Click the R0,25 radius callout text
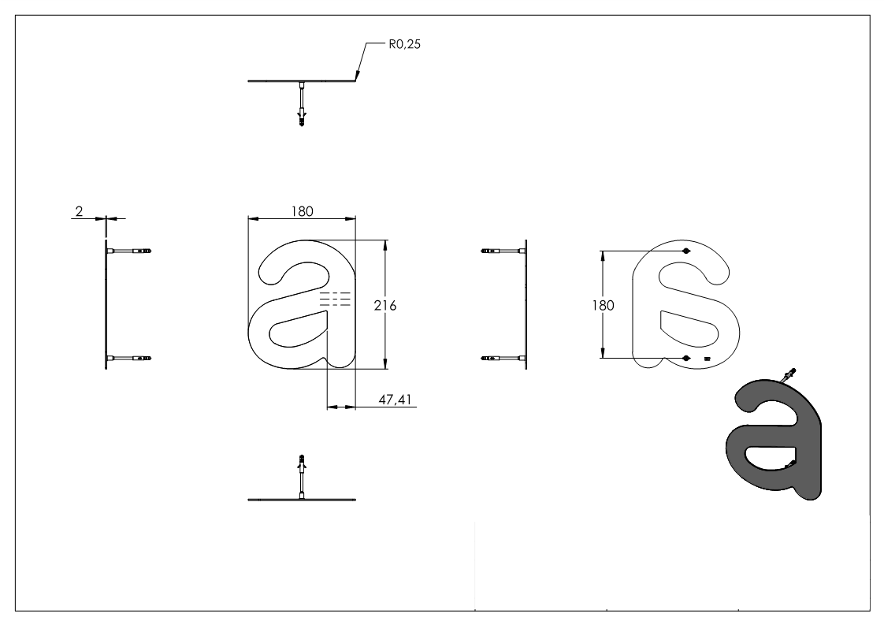tap(403, 46)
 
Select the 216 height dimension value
tap(384, 306)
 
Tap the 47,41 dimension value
tap(394, 400)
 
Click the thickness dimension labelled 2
tap(79, 211)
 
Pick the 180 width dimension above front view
tap(303, 210)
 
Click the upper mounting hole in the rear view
tap(685, 251)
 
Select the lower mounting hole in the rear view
tap(685, 358)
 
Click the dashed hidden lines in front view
tap(335, 298)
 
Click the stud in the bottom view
tap(301, 476)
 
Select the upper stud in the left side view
tap(129, 251)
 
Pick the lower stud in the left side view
tap(129, 359)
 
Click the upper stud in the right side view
tap(501, 251)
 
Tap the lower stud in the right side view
tap(501, 359)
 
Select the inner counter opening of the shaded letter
tap(768, 456)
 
